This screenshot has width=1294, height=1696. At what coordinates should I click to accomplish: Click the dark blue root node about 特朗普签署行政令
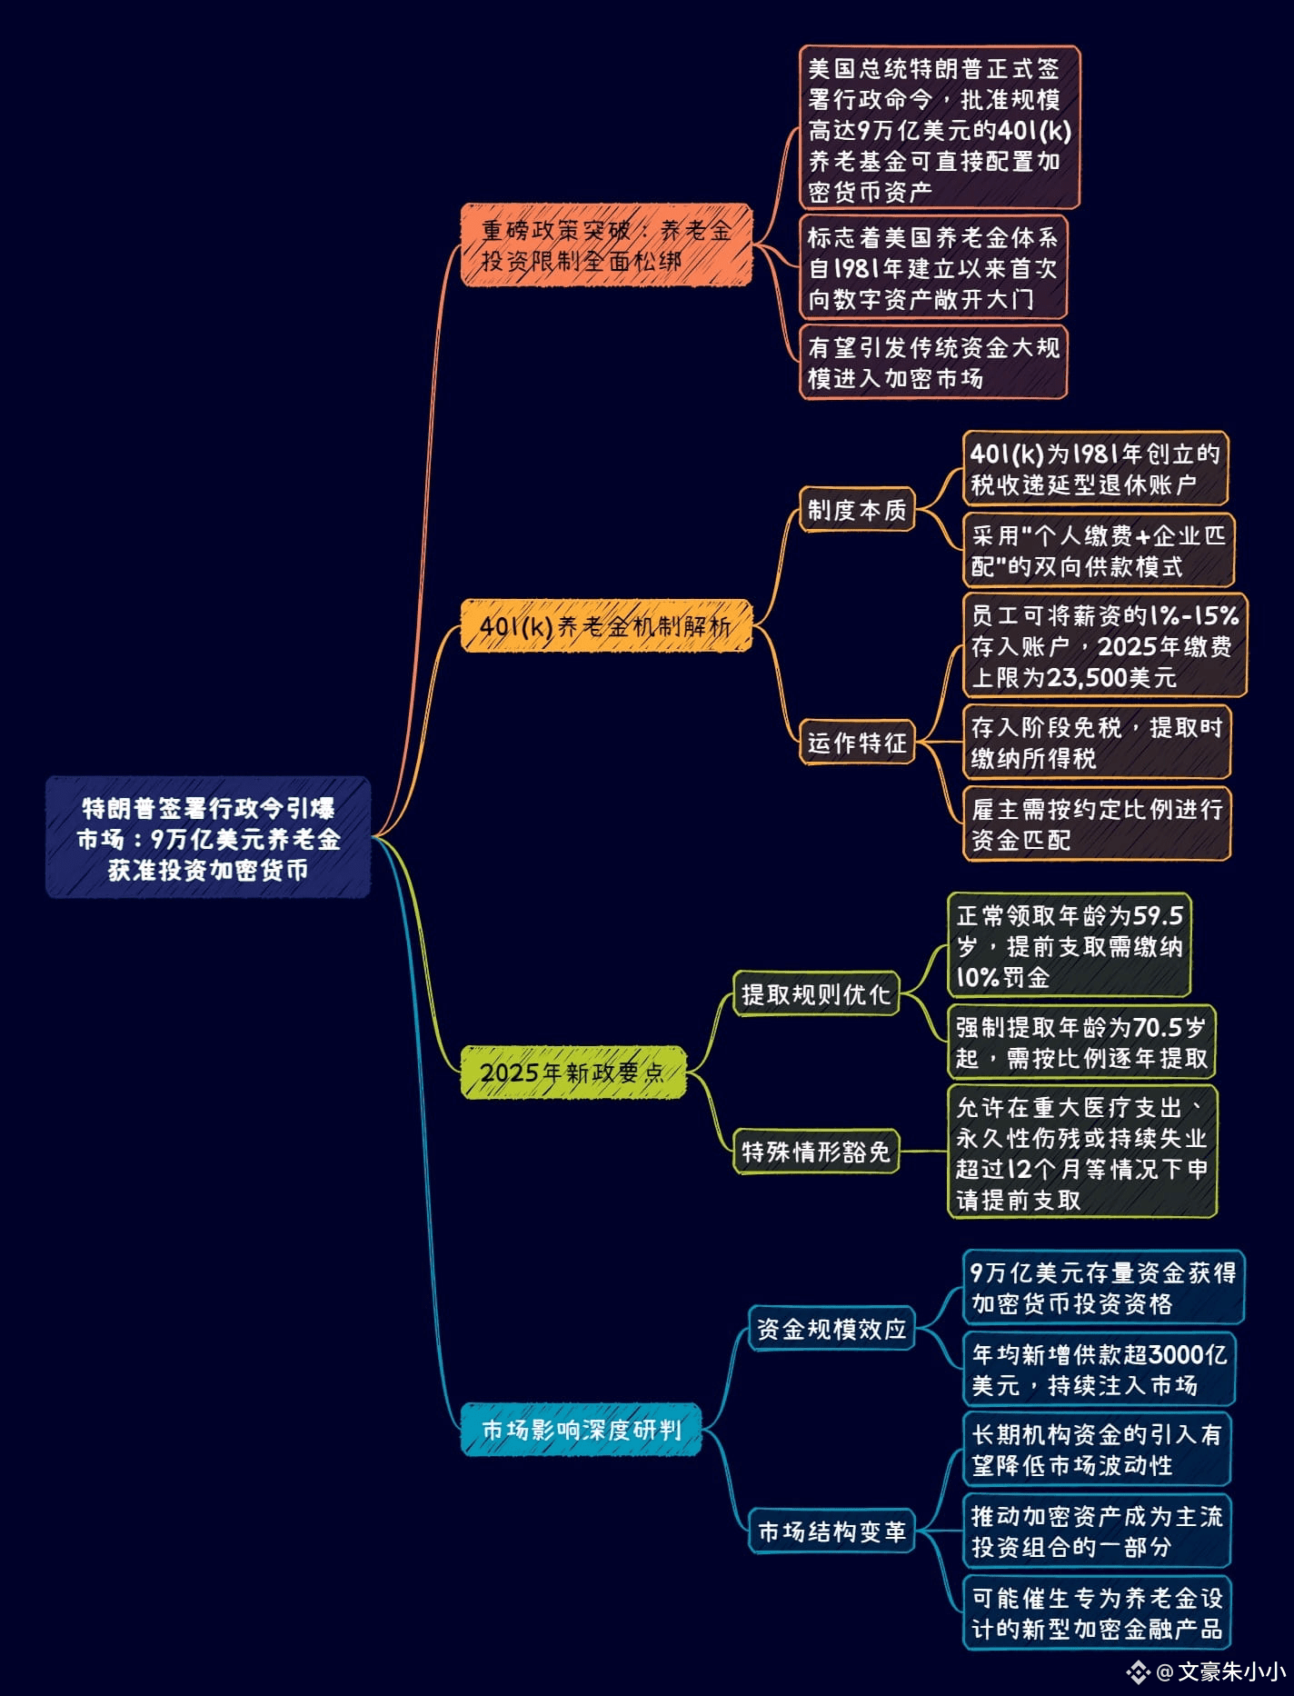(x=208, y=837)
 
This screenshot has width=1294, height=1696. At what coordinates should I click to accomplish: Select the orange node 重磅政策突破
(x=606, y=244)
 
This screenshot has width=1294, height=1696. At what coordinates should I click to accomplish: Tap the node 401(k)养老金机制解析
(x=606, y=625)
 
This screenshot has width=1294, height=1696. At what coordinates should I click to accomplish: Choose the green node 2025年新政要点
(x=572, y=1072)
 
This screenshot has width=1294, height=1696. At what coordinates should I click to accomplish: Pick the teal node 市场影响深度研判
(x=581, y=1430)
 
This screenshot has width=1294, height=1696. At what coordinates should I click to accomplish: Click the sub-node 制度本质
(x=857, y=510)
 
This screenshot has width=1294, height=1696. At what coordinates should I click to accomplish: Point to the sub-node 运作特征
(x=857, y=742)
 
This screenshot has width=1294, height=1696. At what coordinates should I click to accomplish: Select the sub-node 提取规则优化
(x=815, y=993)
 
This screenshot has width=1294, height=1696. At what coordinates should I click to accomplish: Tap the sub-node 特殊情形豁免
(x=815, y=1152)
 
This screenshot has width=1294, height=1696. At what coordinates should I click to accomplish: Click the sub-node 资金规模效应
(x=831, y=1328)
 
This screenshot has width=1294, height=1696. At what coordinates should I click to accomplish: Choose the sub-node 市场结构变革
(x=831, y=1531)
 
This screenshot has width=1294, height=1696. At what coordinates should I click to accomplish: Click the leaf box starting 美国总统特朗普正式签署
(x=940, y=128)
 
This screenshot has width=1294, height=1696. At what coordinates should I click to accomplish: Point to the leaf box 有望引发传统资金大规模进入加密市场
(x=933, y=362)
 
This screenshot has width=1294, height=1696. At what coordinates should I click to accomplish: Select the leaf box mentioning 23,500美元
(x=1105, y=645)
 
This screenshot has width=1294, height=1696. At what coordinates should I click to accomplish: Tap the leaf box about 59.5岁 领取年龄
(x=1069, y=945)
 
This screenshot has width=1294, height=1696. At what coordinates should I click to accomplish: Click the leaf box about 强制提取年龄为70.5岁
(x=1081, y=1042)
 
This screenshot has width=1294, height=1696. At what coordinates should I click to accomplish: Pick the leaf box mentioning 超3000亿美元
(x=1100, y=1370)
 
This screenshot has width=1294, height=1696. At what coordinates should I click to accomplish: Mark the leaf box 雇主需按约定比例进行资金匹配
(x=1098, y=823)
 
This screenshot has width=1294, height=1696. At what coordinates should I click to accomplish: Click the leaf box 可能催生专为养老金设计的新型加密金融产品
(x=1098, y=1612)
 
